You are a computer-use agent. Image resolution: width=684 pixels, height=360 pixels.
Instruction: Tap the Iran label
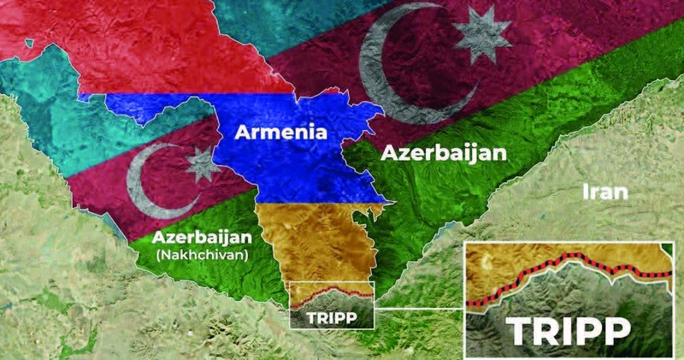604,191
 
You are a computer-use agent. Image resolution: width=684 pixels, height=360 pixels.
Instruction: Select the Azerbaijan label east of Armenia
444,153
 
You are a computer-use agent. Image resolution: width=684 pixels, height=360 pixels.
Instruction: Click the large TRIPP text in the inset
566,330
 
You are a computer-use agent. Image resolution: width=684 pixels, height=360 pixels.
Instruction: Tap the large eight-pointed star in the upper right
481,34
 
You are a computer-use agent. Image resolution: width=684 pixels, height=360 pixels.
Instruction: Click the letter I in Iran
585,191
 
